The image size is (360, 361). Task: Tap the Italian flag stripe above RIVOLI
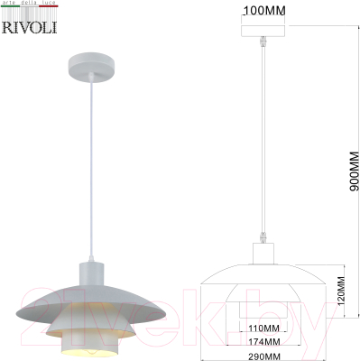[x=26, y=13]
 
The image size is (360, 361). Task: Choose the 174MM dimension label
[x=264, y=341]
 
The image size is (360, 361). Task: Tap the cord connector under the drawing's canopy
[x=263, y=42]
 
